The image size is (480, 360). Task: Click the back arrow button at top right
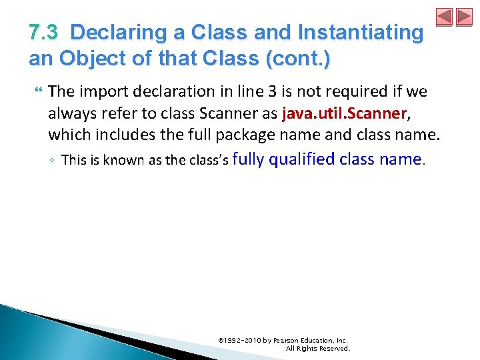pyautogui.click(x=445, y=17)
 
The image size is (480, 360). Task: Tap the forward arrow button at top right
pyautogui.click(x=464, y=17)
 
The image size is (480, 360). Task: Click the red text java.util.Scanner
pyautogui.click(x=344, y=113)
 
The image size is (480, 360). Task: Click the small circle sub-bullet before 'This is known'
pyautogui.click(x=53, y=161)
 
